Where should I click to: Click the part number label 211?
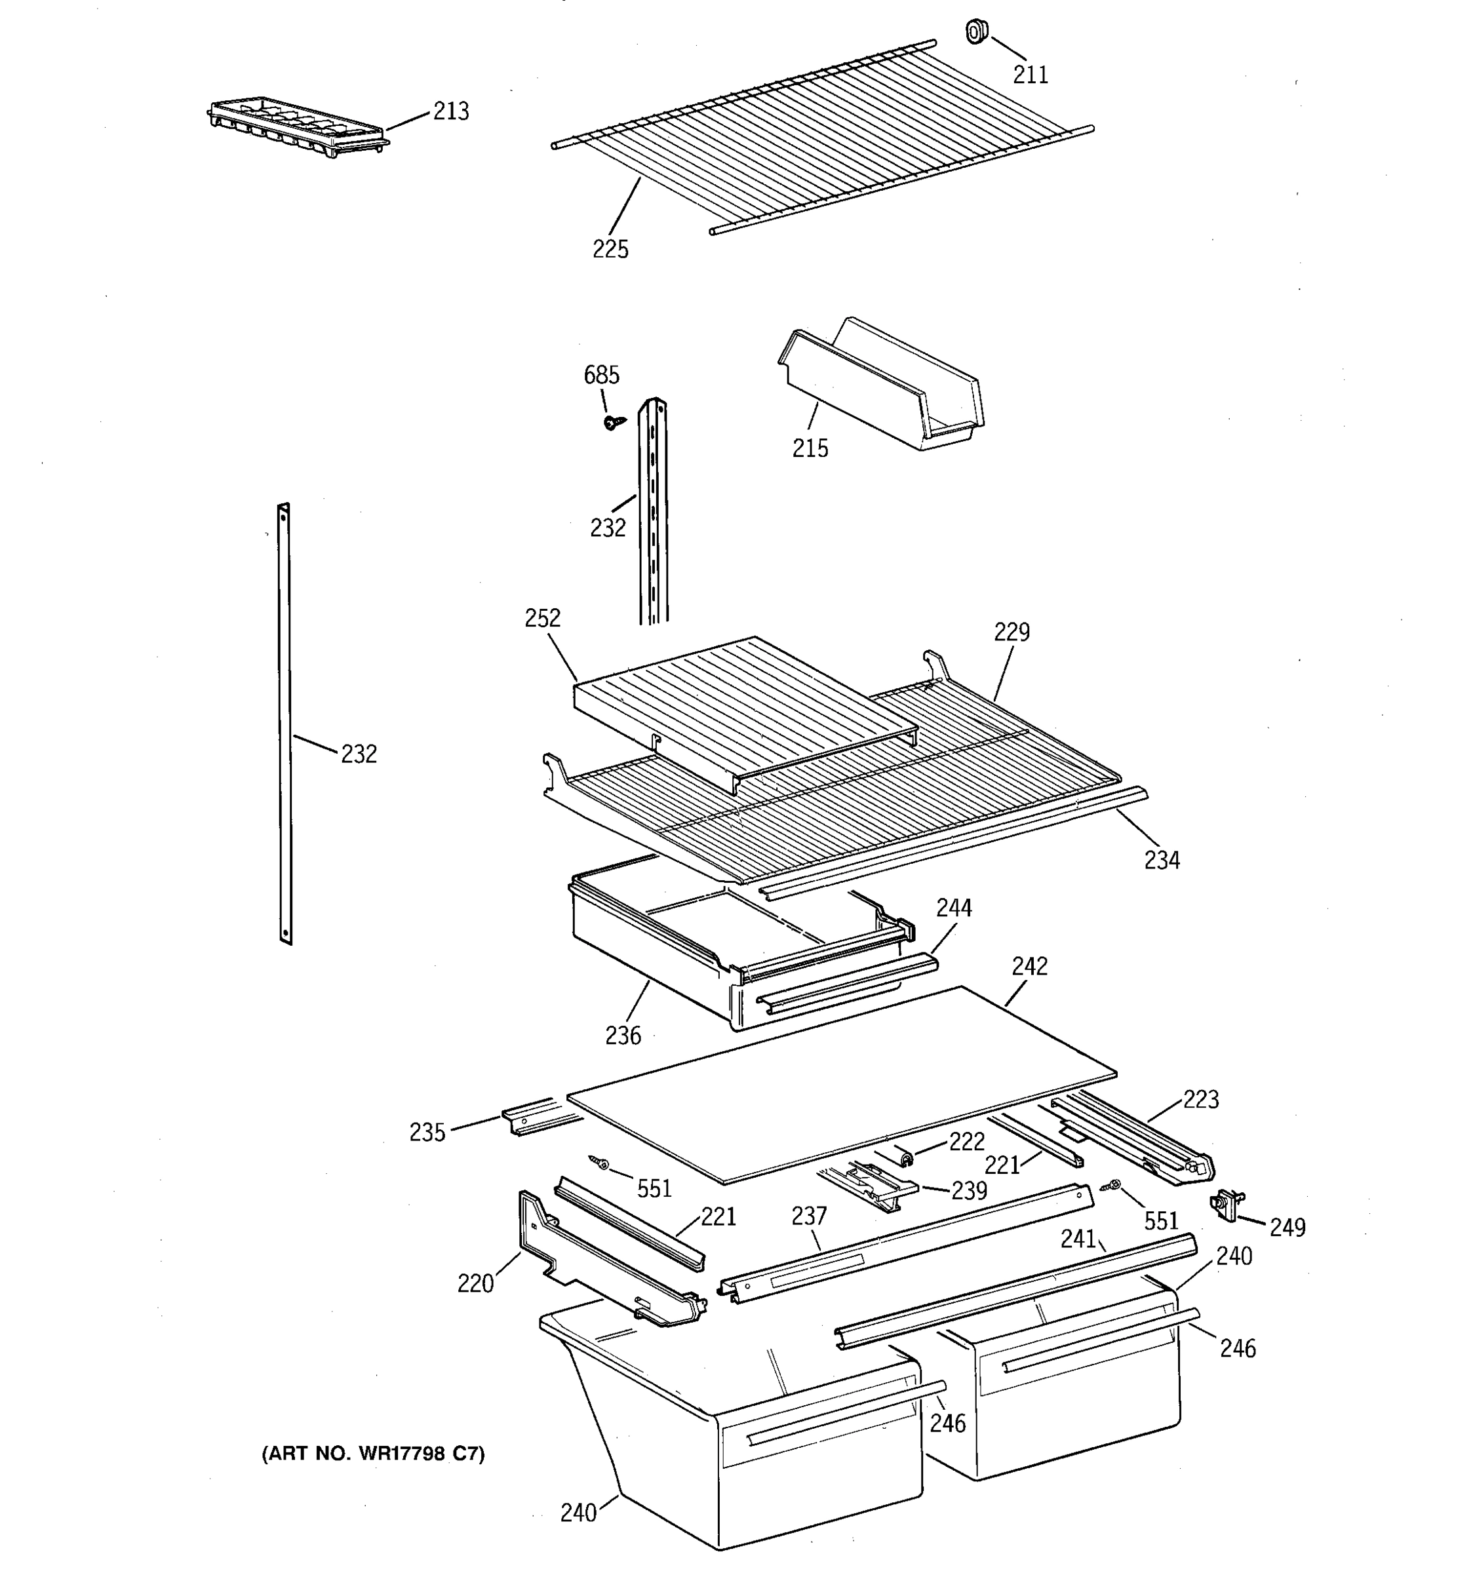(x=1031, y=74)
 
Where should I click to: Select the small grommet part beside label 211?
(x=977, y=32)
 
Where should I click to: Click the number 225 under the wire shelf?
(x=610, y=249)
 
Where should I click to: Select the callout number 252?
(x=542, y=618)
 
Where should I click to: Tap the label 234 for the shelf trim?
(x=1161, y=860)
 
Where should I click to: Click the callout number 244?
(x=954, y=908)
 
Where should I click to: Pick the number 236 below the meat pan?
(x=623, y=1035)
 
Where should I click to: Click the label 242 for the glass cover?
(x=1029, y=966)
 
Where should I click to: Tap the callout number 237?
(x=809, y=1215)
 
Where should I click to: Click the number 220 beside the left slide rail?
(x=475, y=1283)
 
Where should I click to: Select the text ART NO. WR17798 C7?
(x=373, y=1454)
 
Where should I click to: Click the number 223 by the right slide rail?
(x=1200, y=1099)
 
